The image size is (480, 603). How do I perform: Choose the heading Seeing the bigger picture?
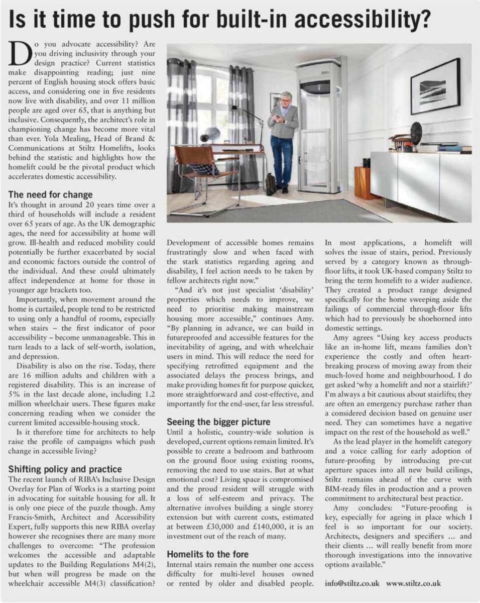[218, 422]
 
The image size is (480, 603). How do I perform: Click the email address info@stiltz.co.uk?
[352, 583]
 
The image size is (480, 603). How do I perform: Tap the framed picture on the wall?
[435, 86]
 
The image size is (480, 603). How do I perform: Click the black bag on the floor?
[271, 184]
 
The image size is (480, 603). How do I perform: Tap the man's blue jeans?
[282, 161]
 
